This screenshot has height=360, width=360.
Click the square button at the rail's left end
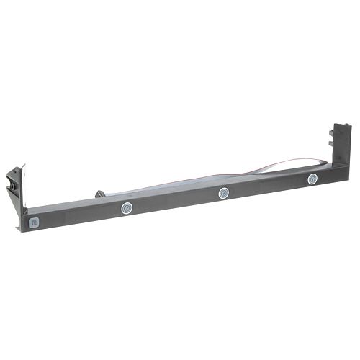33,222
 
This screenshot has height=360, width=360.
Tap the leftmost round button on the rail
126,208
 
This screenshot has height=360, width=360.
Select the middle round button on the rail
224,193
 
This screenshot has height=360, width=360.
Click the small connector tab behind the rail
99,194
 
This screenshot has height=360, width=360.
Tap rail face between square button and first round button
79,215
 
